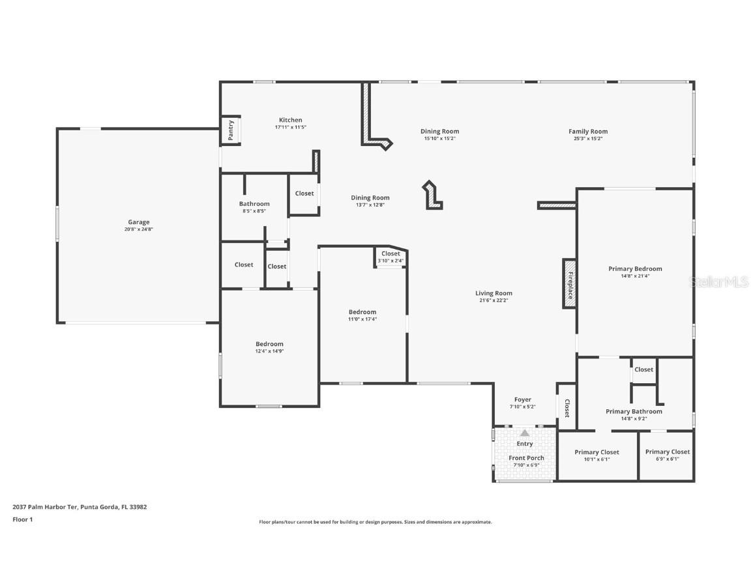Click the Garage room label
(x=138, y=222)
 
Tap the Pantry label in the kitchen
(x=231, y=130)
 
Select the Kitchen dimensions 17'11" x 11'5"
(x=290, y=127)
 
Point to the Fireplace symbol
(x=569, y=284)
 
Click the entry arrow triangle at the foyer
(x=525, y=433)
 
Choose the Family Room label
(x=588, y=132)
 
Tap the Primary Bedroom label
(x=635, y=268)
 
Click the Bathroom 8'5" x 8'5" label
(x=254, y=204)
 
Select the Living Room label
(x=493, y=293)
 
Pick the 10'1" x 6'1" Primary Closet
(x=596, y=452)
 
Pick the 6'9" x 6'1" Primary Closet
(x=668, y=452)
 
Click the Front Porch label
(x=526, y=458)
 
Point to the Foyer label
(x=522, y=399)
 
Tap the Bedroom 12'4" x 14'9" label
(x=269, y=344)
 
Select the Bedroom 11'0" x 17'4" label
(x=362, y=312)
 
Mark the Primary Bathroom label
(x=634, y=411)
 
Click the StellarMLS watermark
(x=720, y=281)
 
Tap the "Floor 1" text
(x=22, y=519)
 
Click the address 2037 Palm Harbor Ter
(x=80, y=506)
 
